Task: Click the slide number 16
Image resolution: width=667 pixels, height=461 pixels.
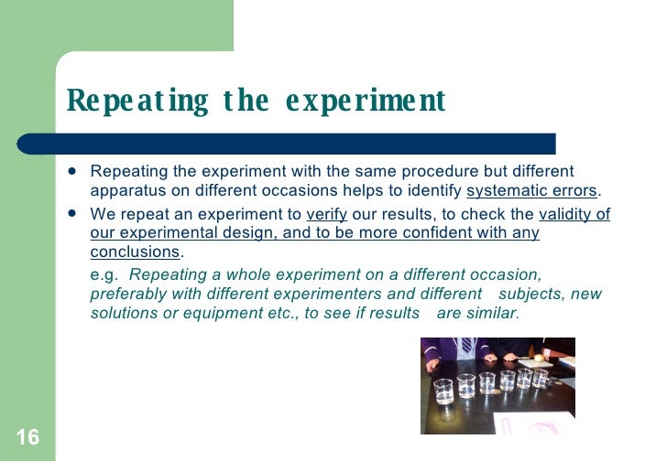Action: (27, 437)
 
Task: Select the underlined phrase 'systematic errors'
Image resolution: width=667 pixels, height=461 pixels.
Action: (531, 191)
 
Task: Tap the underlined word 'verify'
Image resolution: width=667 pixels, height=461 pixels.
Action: (326, 215)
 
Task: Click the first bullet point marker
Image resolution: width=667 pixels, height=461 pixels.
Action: (72, 171)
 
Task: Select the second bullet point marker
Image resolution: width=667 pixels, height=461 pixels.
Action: (72, 215)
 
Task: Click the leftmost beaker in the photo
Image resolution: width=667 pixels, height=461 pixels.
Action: (443, 391)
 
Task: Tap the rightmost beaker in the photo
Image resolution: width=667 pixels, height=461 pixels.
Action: (540, 376)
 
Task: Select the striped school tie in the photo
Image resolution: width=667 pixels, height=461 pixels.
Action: (466, 345)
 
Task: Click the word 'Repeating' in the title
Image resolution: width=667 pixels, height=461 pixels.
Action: (137, 102)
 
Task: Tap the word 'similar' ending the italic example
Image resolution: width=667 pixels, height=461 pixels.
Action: (491, 313)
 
